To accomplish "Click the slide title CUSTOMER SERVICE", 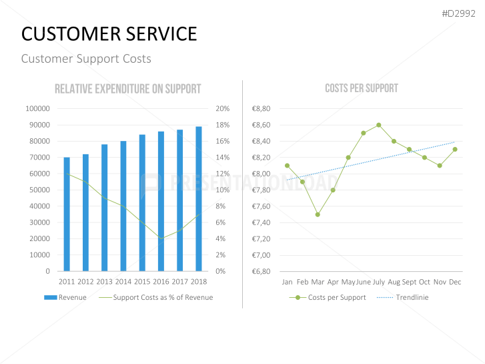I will click(109, 34).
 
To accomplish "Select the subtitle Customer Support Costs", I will click(86, 59).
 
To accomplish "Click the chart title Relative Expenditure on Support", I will click(127, 89).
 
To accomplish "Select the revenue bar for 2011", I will click(67, 214).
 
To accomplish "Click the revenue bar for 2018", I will click(199, 198).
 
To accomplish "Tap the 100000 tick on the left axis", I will click(37, 109).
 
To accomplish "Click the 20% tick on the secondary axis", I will click(222, 109).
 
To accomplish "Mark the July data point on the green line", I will click(378, 125).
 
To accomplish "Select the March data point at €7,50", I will click(318, 214).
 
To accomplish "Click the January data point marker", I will click(287, 166).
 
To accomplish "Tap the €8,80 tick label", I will click(261, 109).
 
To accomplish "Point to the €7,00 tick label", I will click(261, 255).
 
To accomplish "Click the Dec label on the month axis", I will click(455, 283).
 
